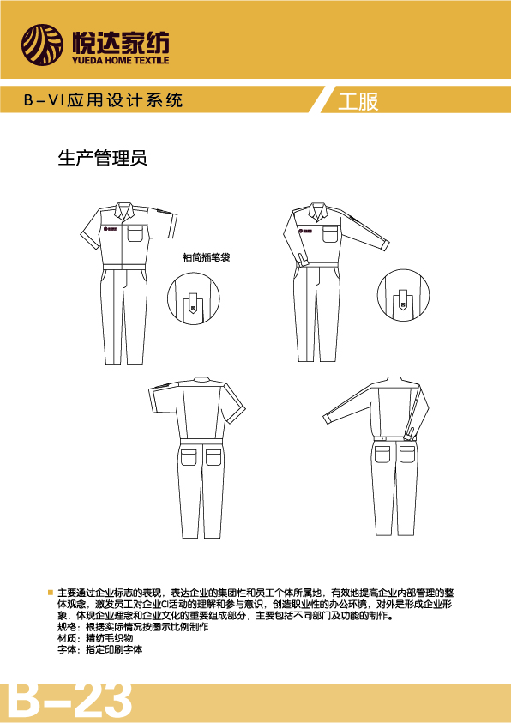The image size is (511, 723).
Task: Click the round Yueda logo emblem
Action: click(42, 45)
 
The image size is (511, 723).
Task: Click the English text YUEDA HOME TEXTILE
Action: click(120, 60)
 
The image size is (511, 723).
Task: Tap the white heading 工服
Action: click(358, 102)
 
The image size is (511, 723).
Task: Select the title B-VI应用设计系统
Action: click(103, 100)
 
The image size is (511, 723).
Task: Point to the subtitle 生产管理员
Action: click(102, 158)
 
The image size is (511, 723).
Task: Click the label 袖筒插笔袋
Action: click(206, 258)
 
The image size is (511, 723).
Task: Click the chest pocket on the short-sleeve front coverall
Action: click(135, 234)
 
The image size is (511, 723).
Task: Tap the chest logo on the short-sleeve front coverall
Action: click(111, 228)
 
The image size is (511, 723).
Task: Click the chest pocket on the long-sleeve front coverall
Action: click(331, 234)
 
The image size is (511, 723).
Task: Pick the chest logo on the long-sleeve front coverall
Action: click(305, 230)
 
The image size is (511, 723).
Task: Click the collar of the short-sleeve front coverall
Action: click(122, 210)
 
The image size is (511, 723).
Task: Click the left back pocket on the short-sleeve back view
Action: click(189, 456)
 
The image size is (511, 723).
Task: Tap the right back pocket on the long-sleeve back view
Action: click(407, 453)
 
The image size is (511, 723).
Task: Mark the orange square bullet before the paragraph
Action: click(51, 592)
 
